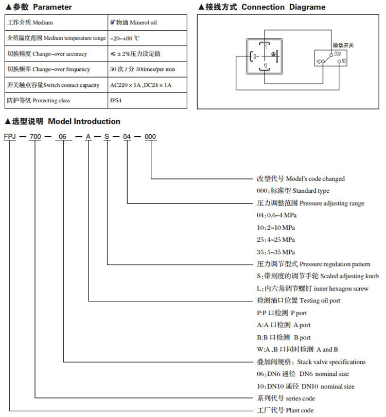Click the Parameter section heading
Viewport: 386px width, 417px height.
pos(38,7)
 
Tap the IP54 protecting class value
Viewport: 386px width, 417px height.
pos(116,101)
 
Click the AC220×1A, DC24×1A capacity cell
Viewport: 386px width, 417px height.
pos(141,85)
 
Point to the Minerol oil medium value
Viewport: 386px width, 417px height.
pos(135,23)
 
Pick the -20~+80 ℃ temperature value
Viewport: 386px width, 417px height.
pos(126,39)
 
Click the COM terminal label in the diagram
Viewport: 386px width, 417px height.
pos(337,53)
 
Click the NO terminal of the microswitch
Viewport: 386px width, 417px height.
pos(341,62)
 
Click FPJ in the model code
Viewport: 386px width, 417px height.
pos(10,136)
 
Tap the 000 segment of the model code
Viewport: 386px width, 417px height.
pos(151,136)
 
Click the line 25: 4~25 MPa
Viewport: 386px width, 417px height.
pos(276,240)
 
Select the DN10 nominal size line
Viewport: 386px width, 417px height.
pos(305,386)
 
